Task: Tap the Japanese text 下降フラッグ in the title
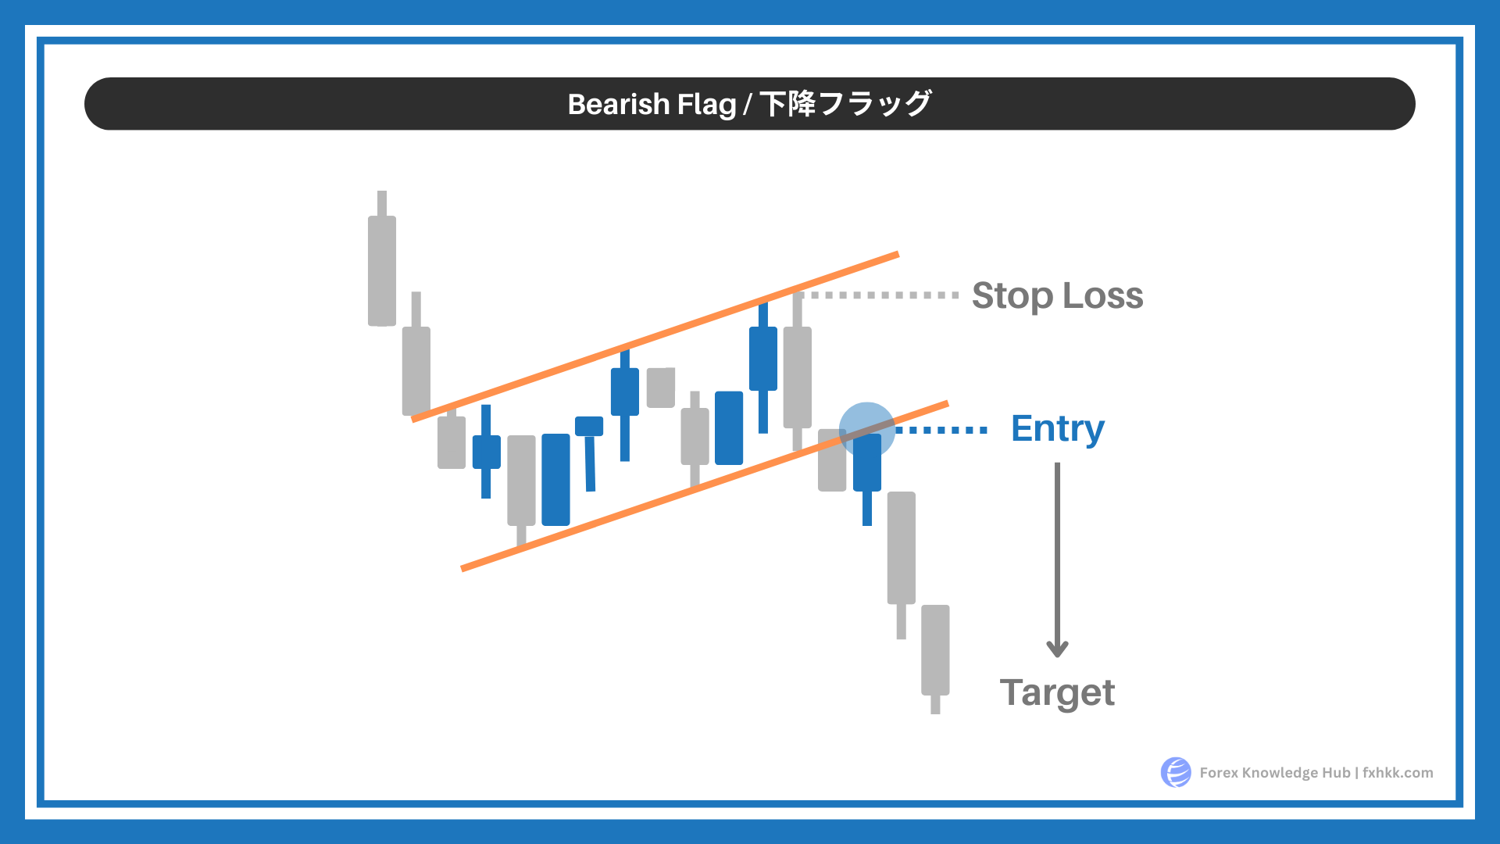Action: [x=845, y=104]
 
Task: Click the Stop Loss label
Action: [x=1057, y=296]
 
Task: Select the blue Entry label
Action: [x=1058, y=429]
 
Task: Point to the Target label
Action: [x=1057, y=693]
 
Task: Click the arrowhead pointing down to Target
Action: [x=1057, y=648]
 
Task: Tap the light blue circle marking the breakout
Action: [x=867, y=431]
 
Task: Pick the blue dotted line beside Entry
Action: [x=941, y=430]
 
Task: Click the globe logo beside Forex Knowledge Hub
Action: [x=1176, y=772]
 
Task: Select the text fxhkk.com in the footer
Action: [x=1398, y=773]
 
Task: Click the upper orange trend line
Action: [x=655, y=337]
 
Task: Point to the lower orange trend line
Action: [x=705, y=486]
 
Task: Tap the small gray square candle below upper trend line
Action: [x=661, y=388]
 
